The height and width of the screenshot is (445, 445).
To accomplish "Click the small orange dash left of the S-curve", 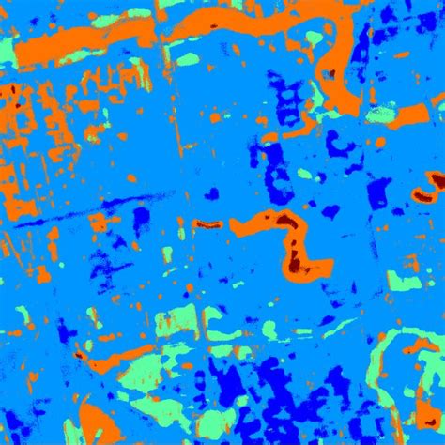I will (207, 224).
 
